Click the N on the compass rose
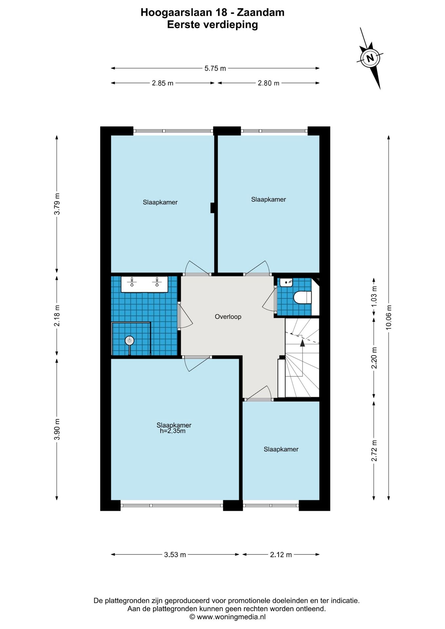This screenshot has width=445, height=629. tap(370, 58)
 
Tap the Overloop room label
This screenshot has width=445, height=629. tap(228, 317)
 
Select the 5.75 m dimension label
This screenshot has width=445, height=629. tap(215, 68)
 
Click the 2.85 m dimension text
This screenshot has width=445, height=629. tap(163, 83)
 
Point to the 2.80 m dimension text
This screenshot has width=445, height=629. tap(269, 83)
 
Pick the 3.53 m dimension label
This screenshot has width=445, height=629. tap(175, 555)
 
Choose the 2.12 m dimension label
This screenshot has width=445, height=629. tap(281, 555)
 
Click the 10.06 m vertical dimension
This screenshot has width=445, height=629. tap(389, 317)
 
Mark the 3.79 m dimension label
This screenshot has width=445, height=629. tap(57, 204)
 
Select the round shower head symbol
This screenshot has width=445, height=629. tap(130, 341)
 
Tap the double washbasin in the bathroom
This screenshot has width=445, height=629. tap(145, 284)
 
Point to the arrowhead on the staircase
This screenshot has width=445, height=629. tap(302, 343)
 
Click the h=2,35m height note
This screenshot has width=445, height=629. tap(173, 431)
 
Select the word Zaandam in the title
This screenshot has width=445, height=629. tap(261, 12)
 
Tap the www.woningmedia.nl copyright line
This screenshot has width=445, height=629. tap(227, 617)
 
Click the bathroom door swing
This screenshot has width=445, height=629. tap(185, 315)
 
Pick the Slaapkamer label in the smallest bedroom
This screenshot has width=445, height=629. tap(281, 449)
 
